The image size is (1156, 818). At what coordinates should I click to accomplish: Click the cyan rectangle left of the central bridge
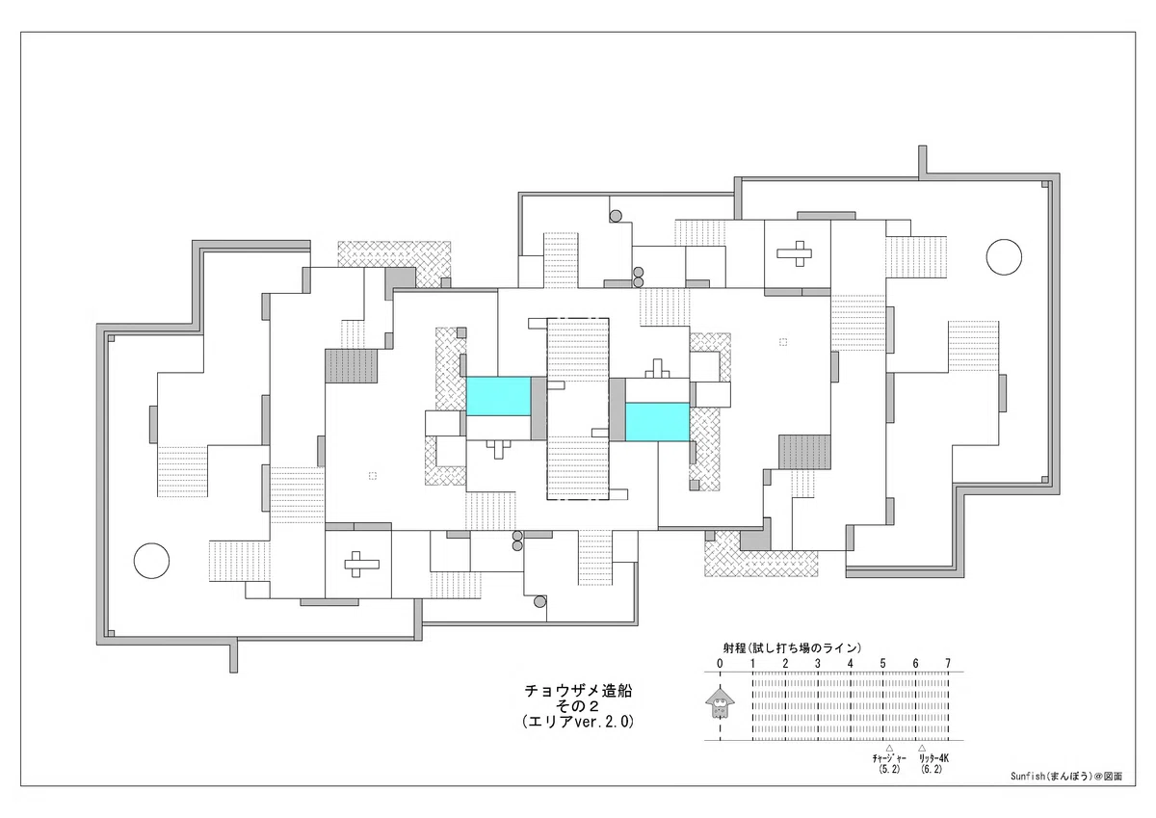499,396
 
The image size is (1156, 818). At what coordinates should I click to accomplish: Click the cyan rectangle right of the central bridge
657,422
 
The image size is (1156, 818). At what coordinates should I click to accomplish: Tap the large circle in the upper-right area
1004,257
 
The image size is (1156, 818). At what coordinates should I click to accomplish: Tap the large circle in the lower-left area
152,561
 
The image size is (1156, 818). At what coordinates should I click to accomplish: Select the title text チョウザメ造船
578,691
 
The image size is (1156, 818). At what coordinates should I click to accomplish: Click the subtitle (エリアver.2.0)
578,722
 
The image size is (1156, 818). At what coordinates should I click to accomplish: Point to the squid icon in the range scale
720,702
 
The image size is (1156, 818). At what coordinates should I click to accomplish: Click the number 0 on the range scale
720,663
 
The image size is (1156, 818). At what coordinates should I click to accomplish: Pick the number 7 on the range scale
948,663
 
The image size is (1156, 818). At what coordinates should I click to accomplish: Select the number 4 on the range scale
850,663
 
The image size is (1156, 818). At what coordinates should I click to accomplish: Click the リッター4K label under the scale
933,758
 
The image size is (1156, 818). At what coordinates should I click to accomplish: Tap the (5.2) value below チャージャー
889,769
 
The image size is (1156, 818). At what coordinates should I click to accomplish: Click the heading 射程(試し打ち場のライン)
792,648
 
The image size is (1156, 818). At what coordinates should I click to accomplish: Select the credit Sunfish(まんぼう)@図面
1066,777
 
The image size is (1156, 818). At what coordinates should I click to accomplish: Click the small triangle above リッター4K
922,748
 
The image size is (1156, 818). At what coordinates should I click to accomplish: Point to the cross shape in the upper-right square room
794,253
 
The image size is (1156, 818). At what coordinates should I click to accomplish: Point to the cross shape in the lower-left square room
362,564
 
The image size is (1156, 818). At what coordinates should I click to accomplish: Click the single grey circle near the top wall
616,216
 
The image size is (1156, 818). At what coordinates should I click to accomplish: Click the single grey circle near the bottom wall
539,601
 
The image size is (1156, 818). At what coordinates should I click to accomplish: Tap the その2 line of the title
577,706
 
